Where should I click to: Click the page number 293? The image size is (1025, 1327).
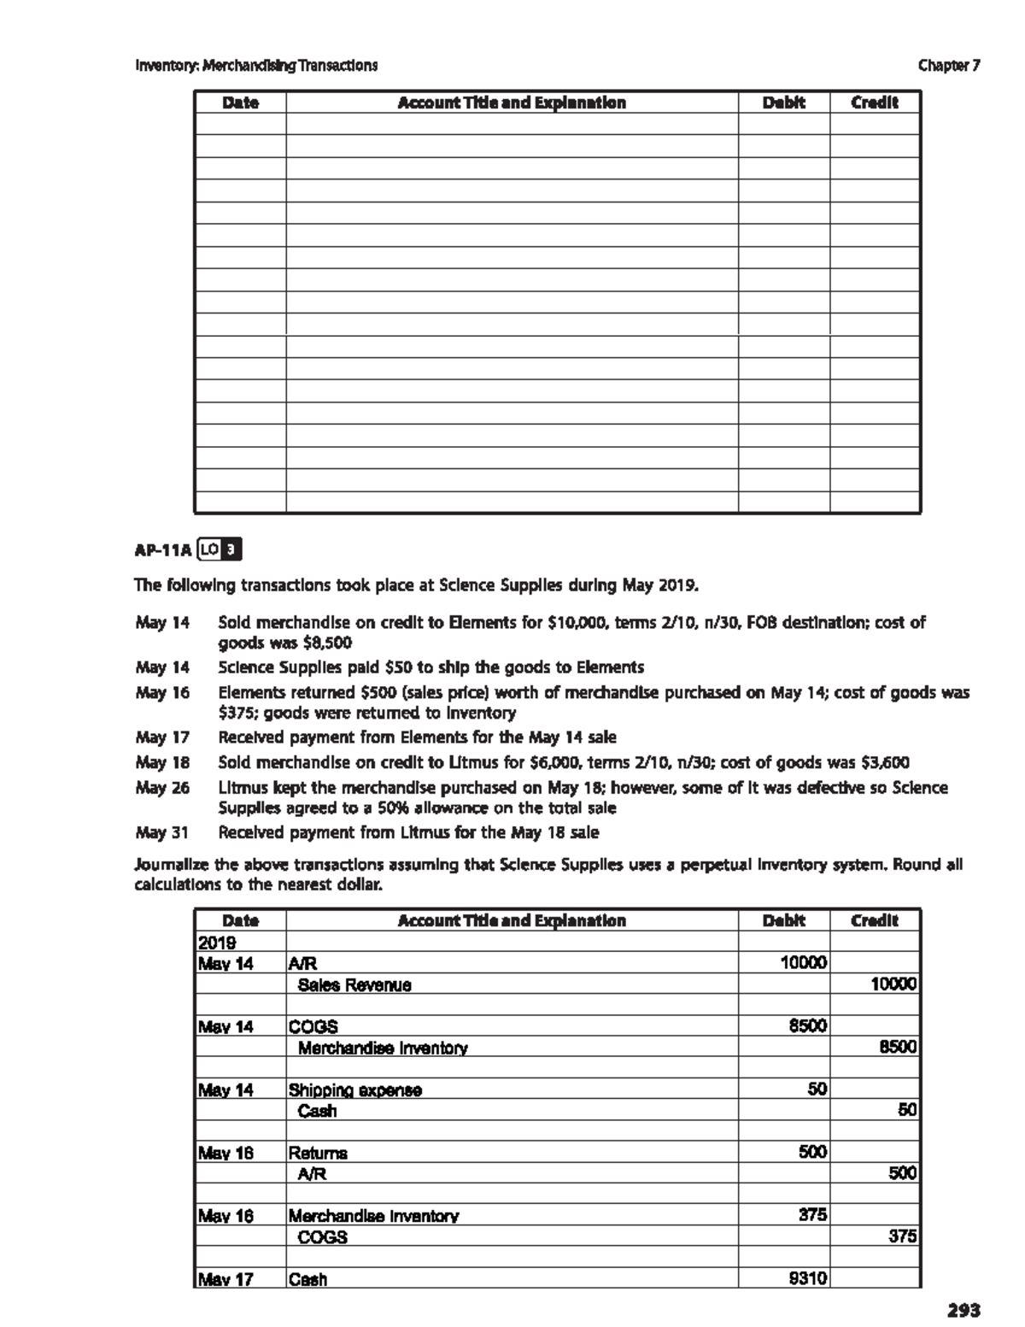(x=963, y=1309)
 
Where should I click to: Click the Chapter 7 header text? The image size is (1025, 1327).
(x=949, y=65)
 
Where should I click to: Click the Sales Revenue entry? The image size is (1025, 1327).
(x=354, y=984)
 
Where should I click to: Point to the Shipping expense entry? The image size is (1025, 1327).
(x=354, y=1089)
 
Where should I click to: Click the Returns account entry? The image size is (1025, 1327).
(x=318, y=1153)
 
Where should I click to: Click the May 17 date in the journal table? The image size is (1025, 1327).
(x=225, y=1279)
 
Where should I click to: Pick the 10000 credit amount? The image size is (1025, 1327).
(x=893, y=984)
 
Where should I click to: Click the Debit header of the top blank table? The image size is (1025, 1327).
(x=783, y=103)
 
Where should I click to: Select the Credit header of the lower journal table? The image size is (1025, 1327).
(x=875, y=920)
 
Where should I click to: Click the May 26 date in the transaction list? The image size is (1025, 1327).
(x=162, y=787)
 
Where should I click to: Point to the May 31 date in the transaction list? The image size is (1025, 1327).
(x=162, y=831)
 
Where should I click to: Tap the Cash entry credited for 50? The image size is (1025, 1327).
(x=317, y=1111)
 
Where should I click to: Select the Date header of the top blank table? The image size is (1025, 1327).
(x=240, y=103)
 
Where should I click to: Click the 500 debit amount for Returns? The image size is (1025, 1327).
(x=812, y=1152)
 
